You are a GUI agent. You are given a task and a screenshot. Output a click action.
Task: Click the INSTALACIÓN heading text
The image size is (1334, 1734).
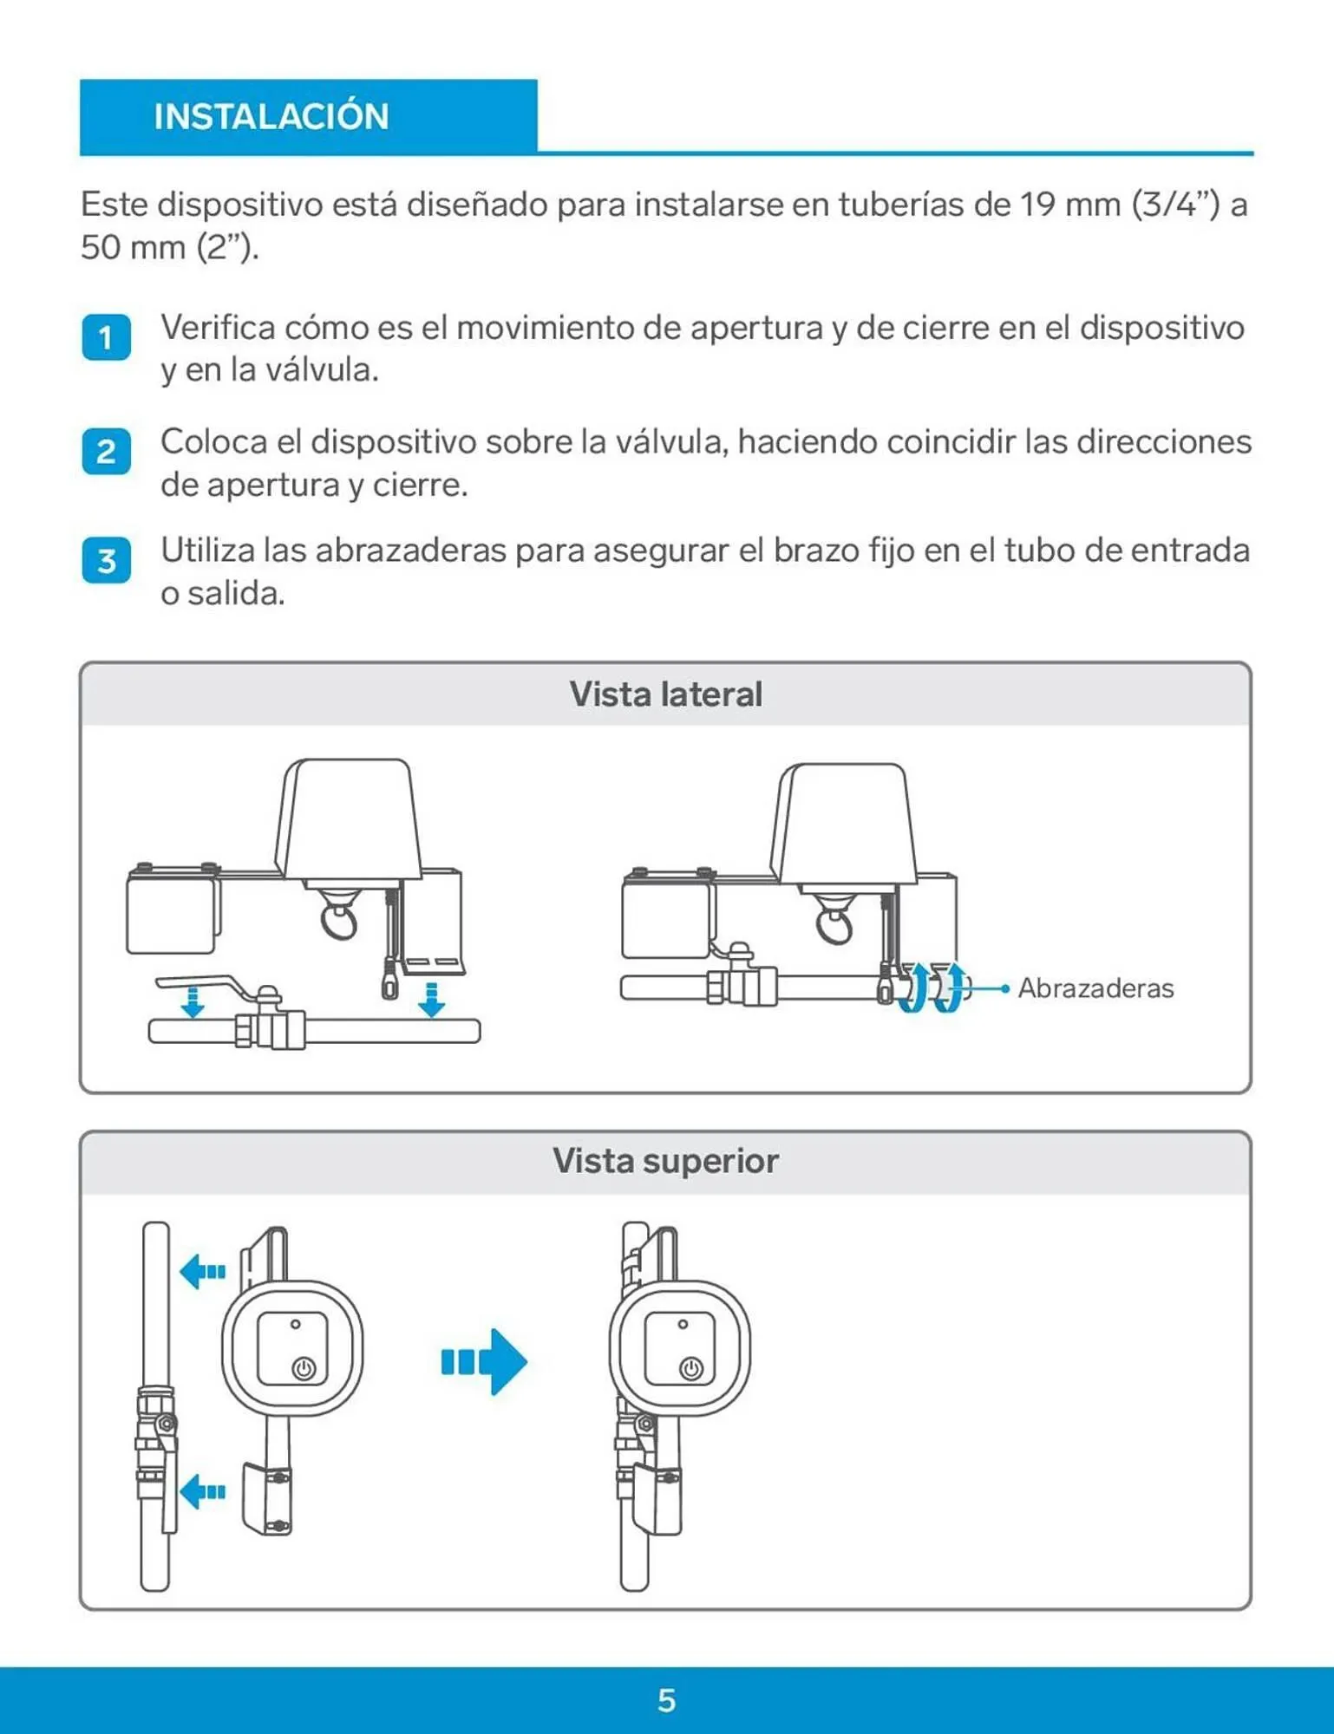(271, 117)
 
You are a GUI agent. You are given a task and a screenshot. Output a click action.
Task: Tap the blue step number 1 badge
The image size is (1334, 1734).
(106, 337)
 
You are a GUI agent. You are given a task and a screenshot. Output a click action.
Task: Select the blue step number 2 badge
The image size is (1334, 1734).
(106, 452)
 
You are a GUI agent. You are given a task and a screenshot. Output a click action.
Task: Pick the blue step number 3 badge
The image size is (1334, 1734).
(106, 561)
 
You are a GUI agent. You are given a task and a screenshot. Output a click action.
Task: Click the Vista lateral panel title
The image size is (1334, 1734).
(665, 694)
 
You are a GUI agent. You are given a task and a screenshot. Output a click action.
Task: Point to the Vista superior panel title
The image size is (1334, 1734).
(665, 1161)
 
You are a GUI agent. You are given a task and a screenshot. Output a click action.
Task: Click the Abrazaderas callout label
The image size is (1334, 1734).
(1095, 988)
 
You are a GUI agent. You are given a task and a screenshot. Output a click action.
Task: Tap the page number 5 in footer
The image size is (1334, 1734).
(666, 1700)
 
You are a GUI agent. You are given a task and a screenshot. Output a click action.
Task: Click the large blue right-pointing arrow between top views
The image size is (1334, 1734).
(486, 1361)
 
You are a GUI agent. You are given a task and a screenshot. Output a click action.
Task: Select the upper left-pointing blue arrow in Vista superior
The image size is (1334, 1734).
(202, 1272)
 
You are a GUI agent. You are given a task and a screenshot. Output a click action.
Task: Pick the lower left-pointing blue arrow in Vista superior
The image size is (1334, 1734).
(202, 1491)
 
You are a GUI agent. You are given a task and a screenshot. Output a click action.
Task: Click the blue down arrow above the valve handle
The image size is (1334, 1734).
(193, 1001)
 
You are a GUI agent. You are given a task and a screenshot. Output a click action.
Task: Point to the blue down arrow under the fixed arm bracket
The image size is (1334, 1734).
(431, 999)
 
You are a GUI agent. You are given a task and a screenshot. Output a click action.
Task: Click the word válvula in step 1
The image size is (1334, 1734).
(321, 371)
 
